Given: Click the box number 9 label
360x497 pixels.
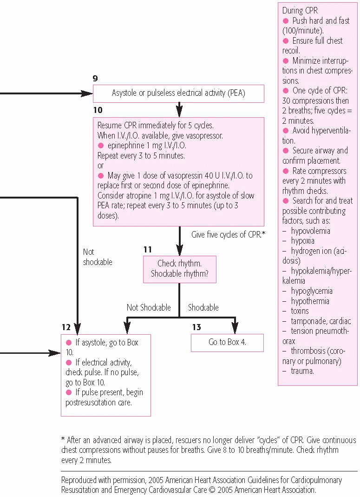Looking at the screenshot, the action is [95, 78].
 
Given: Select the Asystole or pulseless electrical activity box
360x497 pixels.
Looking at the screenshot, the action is [178, 93].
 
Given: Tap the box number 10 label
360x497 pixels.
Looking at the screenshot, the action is [98, 110].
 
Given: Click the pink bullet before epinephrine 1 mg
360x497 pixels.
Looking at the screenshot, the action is [101, 146].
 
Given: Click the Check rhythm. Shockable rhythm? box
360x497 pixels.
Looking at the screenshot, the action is [179, 269].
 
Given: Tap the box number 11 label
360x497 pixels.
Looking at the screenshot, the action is [148, 250].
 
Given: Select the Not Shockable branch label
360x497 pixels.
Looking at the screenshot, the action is [149, 307].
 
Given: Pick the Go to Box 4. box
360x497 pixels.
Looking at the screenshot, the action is [227, 343].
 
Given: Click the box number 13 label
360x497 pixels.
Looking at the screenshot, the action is [196, 327].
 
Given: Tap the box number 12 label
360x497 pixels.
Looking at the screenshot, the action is [66, 327].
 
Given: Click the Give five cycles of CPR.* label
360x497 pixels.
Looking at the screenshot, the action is [228, 235].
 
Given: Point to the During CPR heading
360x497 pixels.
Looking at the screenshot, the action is [300, 10].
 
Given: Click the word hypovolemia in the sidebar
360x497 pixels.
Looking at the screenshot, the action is [310, 231].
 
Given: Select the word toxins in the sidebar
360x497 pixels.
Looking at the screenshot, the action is [300, 311].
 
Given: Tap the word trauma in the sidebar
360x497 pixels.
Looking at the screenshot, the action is [302, 371].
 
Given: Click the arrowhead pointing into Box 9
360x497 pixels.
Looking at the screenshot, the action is [86, 93].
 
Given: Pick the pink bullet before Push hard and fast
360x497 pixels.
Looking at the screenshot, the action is [286, 21].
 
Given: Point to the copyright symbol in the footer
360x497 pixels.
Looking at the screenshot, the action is [212, 490].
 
